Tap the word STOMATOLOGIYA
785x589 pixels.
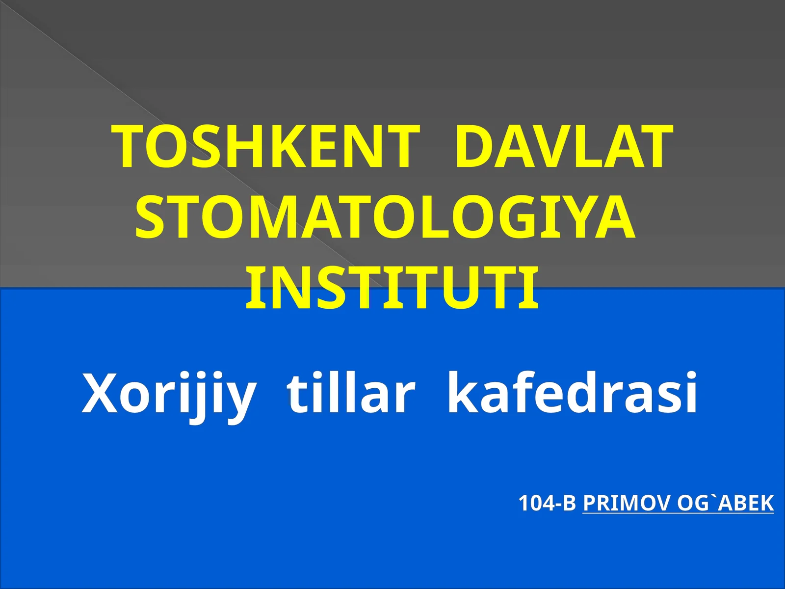(386, 217)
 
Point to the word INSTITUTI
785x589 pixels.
(392, 289)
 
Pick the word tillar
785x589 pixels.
(351, 394)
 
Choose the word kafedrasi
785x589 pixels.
(572, 394)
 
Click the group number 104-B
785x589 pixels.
(547, 504)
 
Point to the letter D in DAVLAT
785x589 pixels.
(473, 146)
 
